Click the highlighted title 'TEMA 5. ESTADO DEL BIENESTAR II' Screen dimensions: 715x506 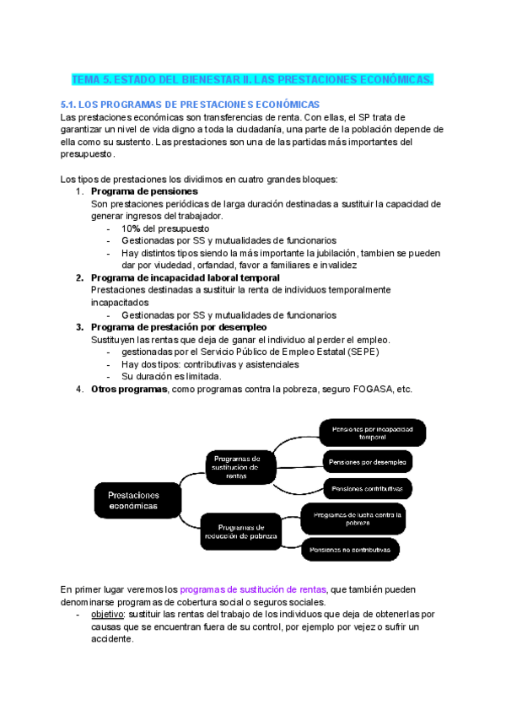[253, 79]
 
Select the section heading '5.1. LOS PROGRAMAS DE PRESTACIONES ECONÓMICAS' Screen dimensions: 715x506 [191, 104]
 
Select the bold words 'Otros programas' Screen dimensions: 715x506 [129, 389]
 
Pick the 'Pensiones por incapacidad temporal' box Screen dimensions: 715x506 [372, 433]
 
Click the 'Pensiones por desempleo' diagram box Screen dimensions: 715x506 [368, 462]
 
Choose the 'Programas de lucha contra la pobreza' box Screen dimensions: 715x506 [358, 518]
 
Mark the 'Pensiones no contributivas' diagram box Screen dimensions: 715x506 [350, 549]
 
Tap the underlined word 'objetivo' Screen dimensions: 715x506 [108, 616]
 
